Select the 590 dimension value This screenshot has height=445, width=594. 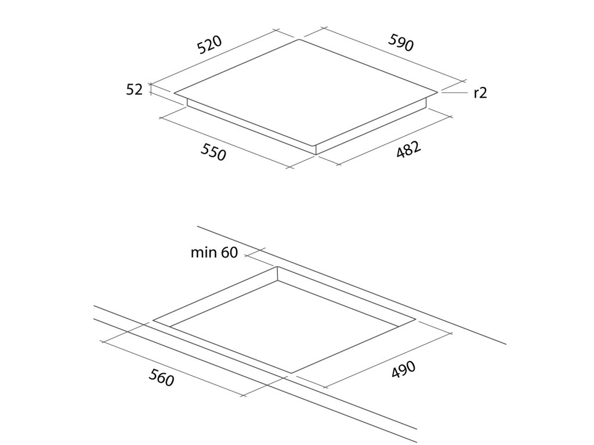(x=400, y=42)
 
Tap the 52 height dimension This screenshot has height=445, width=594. (x=134, y=89)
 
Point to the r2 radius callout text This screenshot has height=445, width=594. (x=480, y=92)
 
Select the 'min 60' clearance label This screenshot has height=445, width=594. (x=214, y=253)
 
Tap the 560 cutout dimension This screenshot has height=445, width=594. (x=161, y=378)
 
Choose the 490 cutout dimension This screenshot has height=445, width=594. (x=403, y=370)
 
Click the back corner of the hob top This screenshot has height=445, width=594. (x=300, y=39)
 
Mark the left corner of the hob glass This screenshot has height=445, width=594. (x=174, y=93)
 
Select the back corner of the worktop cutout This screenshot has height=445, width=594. (x=277, y=267)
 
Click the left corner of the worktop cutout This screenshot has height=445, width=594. (x=153, y=320)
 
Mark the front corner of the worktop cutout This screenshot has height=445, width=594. (x=291, y=373)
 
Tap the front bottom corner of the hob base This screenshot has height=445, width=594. (x=316, y=155)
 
